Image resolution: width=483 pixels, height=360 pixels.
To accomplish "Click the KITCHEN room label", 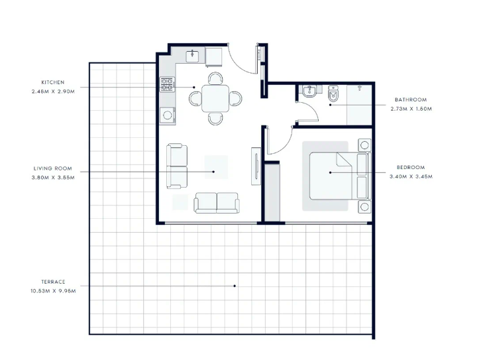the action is (x=53, y=82).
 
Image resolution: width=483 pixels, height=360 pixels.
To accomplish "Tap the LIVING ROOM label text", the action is (x=53, y=168).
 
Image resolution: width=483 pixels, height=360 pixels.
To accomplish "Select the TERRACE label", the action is (x=53, y=282).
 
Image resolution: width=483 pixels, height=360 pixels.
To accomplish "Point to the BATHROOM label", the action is (x=411, y=100).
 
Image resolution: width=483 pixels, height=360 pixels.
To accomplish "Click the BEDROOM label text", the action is (x=411, y=167).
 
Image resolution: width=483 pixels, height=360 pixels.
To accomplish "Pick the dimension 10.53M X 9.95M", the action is (x=53, y=291).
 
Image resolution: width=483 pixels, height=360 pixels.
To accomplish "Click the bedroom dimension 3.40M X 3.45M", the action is (x=411, y=176).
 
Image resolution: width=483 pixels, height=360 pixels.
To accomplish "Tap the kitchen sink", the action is (x=192, y=56).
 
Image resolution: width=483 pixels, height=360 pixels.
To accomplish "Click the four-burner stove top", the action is (x=167, y=84).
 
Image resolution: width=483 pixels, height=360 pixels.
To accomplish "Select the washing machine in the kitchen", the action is (x=168, y=115).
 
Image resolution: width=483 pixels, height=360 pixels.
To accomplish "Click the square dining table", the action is (x=215, y=98).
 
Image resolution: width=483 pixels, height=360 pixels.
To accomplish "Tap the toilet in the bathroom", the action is (x=333, y=93).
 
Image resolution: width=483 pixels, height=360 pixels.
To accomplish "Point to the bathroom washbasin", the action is (x=309, y=91).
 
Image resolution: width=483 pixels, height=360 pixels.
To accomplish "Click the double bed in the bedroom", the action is (x=340, y=176).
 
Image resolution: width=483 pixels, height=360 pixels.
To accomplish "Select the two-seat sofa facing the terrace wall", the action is (x=217, y=203).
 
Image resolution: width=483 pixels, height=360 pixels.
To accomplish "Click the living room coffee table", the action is (x=216, y=167).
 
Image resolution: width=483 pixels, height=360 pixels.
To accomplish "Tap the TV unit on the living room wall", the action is (x=256, y=166).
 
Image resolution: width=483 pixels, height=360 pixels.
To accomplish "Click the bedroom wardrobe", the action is (x=272, y=193).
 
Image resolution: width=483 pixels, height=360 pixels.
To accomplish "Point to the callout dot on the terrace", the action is (x=235, y=286).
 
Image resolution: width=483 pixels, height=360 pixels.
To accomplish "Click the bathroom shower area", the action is (x=359, y=105).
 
